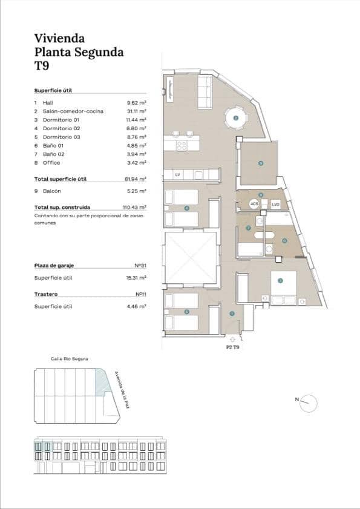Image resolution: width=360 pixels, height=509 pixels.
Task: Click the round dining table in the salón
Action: (235, 117)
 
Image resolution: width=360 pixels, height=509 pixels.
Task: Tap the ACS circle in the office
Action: (254, 205)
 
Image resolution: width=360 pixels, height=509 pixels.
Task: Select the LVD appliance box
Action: (275, 205)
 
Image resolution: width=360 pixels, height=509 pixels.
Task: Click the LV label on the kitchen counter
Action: (177, 175)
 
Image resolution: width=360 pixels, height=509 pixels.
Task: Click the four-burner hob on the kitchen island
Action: (182, 145)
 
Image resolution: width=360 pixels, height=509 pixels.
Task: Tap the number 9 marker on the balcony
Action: (261, 163)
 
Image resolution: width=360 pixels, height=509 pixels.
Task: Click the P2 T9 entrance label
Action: (233, 347)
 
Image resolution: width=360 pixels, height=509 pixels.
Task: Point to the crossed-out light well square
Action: (191, 258)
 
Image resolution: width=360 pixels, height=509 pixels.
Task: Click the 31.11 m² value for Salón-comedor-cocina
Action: (136, 111)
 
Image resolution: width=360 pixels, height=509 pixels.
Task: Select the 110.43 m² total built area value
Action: (135, 207)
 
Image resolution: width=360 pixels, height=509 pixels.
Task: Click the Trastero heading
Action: (46, 294)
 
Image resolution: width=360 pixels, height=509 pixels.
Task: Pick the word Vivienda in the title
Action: (59, 38)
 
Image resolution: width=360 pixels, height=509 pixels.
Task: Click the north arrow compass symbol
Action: (308, 402)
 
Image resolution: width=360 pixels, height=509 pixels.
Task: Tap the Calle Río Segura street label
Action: (70, 359)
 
